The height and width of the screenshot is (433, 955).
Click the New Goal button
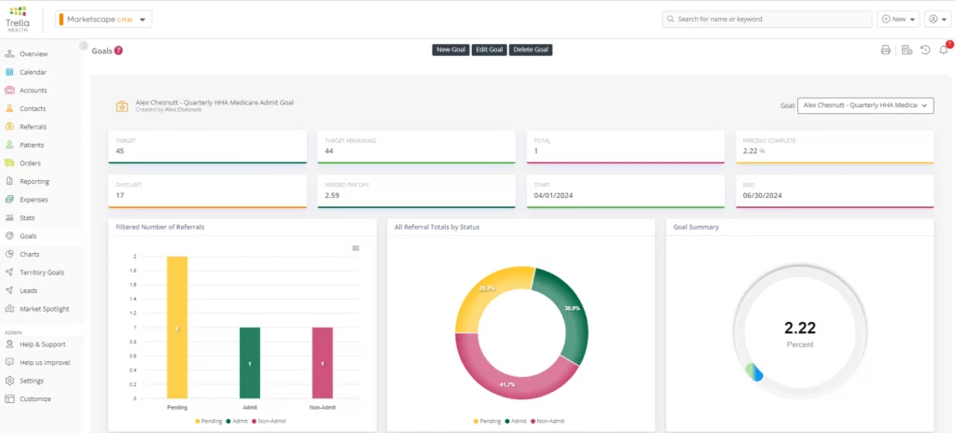tap(450, 49)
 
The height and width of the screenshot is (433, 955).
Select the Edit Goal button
tap(489, 49)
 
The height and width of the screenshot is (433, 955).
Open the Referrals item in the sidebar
tap(33, 127)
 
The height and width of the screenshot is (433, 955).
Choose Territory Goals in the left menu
tap(41, 272)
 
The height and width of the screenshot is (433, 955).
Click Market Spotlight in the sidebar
tap(44, 309)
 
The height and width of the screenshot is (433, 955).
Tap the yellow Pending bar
tap(177, 327)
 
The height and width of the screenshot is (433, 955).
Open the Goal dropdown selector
tap(866, 105)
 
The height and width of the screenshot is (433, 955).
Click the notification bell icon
tap(943, 50)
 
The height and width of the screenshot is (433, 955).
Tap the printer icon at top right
tap(886, 50)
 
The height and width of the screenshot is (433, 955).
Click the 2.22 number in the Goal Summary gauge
tap(799, 327)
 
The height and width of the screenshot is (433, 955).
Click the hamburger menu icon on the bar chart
tap(355, 248)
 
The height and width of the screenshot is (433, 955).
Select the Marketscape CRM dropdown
tap(104, 19)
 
